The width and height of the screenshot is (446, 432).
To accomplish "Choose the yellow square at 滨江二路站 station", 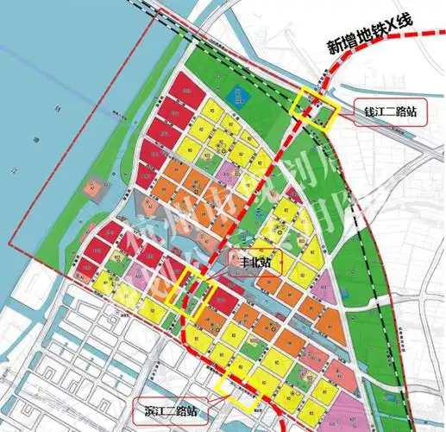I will tap(238, 389).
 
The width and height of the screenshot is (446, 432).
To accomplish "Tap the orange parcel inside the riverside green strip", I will tap(91, 185).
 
